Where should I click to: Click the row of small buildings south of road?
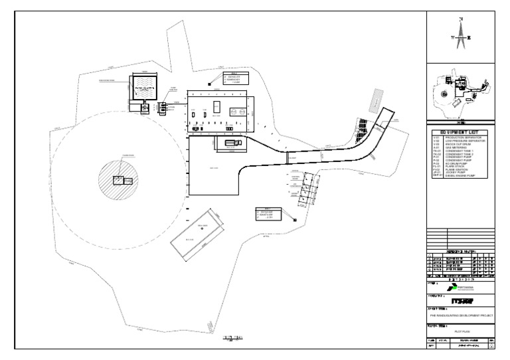coord(307,189)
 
